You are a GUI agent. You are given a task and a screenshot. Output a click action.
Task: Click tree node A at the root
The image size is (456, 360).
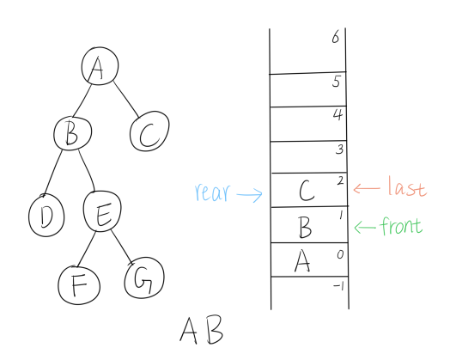click(x=100, y=66)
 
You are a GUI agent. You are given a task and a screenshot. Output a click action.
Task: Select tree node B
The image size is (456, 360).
click(x=72, y=133)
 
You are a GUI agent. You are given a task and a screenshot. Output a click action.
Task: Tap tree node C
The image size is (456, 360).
click(x=149, y=131)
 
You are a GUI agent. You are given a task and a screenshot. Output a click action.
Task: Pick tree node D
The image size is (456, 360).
click(x=46, y=216)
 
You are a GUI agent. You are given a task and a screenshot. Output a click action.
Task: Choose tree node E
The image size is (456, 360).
click(x=102, y=211)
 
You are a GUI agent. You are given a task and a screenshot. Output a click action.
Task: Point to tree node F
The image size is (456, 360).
click(x=79, y=285)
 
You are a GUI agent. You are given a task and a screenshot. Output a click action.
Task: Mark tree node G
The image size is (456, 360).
click(x=144, y=278)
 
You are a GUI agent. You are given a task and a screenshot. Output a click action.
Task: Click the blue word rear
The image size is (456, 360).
click(x=213, y=192)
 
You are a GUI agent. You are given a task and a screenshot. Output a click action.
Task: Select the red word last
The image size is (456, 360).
click(x=407, y=186)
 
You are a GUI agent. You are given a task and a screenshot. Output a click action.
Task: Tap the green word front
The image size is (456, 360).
click(x=401, y=226)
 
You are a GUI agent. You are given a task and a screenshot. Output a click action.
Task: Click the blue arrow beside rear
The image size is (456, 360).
click(x=250, y=194)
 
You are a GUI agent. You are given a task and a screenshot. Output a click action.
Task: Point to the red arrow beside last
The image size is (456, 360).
click(x=367, y=188)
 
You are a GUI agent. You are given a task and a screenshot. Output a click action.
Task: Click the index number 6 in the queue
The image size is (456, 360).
click(x=336, y=37)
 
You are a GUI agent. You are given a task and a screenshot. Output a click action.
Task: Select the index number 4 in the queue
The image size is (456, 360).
click(x=338, y=114)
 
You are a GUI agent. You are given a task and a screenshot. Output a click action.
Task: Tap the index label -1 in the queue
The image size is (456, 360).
click(x=339, y=286)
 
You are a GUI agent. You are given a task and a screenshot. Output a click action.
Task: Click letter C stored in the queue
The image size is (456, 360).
click(x=307, y=191)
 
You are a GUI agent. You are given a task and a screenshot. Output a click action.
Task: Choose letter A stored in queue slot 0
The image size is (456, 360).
click(x=302, y=261)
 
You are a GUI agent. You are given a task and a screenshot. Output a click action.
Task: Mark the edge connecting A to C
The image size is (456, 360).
click(x=126, y=100)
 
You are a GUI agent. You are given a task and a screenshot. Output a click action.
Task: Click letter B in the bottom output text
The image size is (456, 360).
click(x=216, y=330)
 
